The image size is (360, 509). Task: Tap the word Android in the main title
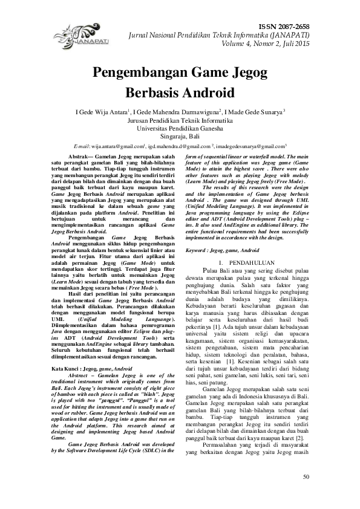[204, 93]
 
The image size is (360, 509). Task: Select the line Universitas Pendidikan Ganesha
[180, 128]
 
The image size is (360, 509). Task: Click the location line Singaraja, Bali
[180, 137]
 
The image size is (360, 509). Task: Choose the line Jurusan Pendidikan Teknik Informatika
[180, 120]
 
